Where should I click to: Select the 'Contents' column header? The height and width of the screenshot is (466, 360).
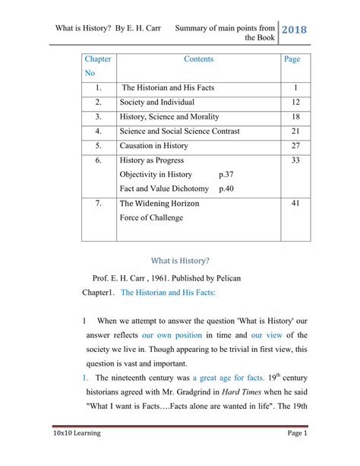click(198, 59)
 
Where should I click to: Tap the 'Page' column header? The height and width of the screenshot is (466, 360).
click(292, 59)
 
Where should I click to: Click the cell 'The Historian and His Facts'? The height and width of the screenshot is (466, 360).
click(168, 88)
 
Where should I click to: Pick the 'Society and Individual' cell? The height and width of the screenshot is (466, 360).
click(157, 103)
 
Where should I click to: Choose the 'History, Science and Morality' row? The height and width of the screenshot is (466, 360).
click(169, 117)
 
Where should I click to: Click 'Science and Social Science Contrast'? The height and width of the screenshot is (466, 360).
click(179, 132)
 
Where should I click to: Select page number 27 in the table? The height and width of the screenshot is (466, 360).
click(296, 146)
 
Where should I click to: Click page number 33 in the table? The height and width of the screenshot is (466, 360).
click(296, 160)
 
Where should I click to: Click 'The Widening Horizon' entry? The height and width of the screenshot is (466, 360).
click(159, 204)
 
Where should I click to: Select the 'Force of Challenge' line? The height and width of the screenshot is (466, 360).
click(151, 218)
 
